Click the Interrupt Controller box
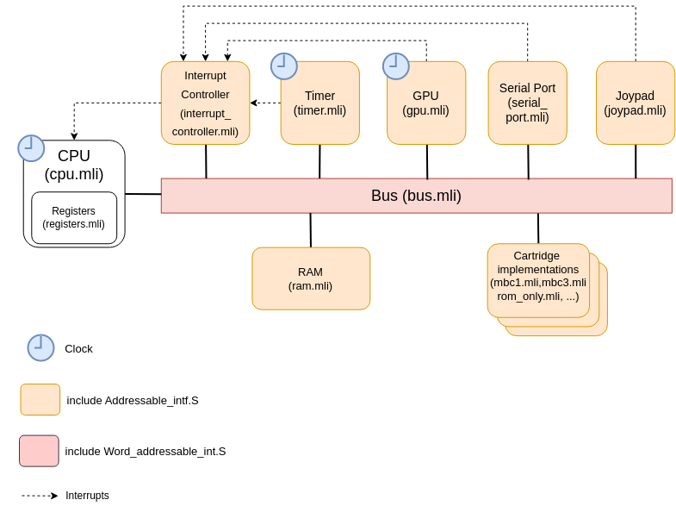pyautogui.click(x=205, y=103)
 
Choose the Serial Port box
pyautogui.click(x=527, y=103)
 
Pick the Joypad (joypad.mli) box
pyautogui.click(x=635, y=103)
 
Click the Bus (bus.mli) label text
pyautogui.click(x=416, y=196)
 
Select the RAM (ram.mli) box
pyautogui.click(x=311, y=278)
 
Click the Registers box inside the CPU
pyautogui.click(x=74, y=217)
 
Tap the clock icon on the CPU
pyautogui.click(x=31, y=148)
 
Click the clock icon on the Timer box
pyautogui.click(x=284, y=66)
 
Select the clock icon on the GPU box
pyautogui.click(x=396, y=66)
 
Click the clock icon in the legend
pyautogui.click(x=40, y=347)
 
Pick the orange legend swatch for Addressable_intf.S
pyautogui.click(x=40, y=400)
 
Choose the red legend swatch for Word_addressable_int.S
pyautogui.click(x=40, y=451)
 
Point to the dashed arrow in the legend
pyautogui.click(x=40, y=496)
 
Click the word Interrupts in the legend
pyautogui.click(x=87, y=496)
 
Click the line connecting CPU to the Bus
pyautogui.click(x=143, y=194)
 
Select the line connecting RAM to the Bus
pyautogui.click(x=311, y=230)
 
